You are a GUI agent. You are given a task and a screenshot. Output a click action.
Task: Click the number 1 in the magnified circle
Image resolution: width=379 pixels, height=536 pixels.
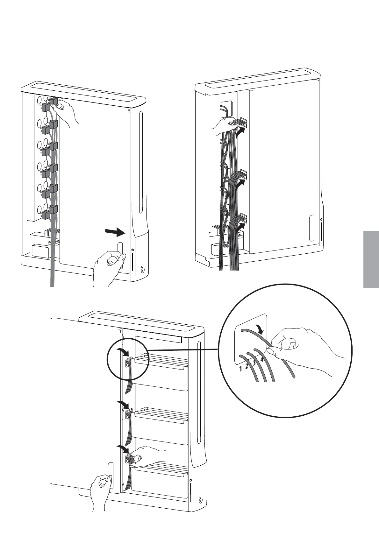(241, 369)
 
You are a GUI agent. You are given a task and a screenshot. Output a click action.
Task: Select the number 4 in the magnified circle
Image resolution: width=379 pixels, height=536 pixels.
(261, 359)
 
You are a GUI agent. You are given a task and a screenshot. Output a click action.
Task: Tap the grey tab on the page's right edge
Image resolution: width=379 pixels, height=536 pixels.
(371, 259)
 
